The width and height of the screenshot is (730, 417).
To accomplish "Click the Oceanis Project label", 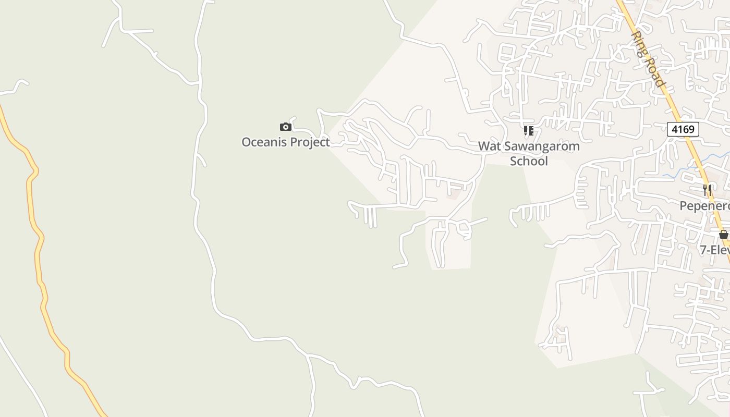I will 285,142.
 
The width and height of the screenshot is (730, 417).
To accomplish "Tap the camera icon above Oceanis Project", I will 285,127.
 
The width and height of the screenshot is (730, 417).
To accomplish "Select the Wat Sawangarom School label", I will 529,153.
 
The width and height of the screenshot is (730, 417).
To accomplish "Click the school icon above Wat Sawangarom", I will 529,130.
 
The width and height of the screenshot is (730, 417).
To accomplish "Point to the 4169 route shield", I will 683,129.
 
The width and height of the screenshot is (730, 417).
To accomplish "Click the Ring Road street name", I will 648,59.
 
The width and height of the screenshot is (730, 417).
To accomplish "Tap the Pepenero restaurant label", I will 704,206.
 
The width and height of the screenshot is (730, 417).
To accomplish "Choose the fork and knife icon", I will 707,190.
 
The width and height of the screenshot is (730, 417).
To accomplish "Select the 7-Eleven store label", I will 715,250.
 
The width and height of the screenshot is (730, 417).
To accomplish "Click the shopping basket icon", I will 723,235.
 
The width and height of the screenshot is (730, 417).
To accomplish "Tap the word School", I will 529,161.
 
